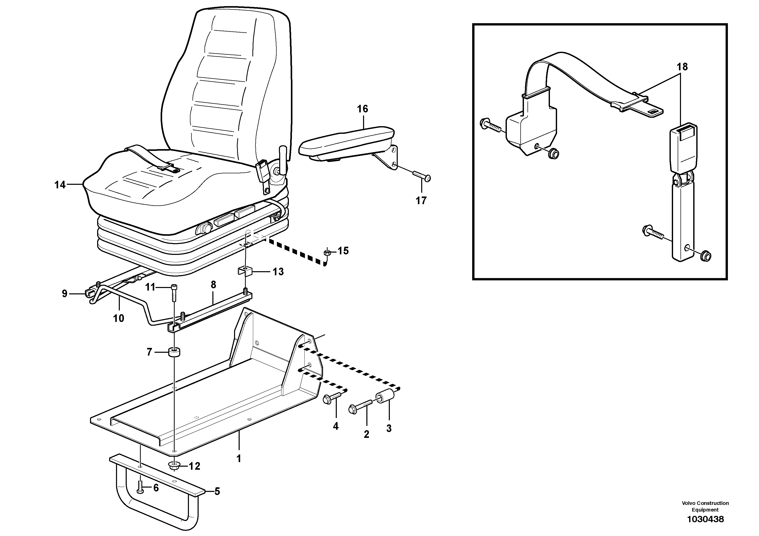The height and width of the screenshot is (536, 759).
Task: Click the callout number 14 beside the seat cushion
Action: click(x=60, y=185)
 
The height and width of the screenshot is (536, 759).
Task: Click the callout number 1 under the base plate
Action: click(x=239, y=459)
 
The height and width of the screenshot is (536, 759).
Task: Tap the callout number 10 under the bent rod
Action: click(x=118, y=318)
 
